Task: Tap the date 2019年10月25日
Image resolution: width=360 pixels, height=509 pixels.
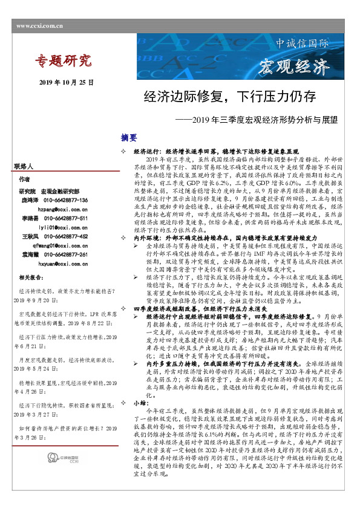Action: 67,82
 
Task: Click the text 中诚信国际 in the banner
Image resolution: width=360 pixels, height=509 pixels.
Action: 302,44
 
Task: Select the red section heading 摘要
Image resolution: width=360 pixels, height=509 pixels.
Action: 129,137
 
